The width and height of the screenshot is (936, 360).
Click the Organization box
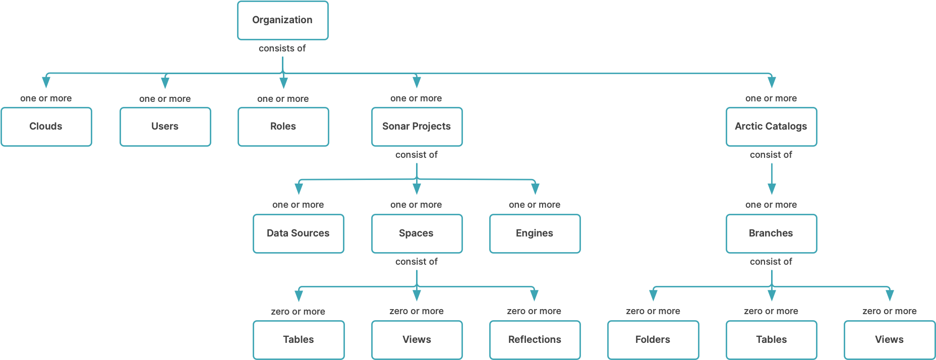click(282, 20)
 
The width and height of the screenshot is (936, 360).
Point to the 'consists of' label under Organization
click(282, 48)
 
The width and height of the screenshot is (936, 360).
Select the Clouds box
click(46, 127)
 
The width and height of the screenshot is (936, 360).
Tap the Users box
click(165, 127)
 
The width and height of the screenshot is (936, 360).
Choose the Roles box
click(283, 127)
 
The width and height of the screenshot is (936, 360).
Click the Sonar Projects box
click(417, 127)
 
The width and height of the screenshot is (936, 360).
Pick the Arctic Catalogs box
click(771, 127)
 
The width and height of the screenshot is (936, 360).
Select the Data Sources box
click(298, 233)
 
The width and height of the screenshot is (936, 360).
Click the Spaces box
click(417, 233)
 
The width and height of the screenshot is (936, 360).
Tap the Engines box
click(535, 233)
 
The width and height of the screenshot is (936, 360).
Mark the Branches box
click(771, 233)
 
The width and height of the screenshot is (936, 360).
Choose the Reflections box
click(535, 340)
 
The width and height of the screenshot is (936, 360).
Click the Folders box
click(653, 340)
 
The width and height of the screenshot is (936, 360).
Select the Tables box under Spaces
click(299, 340)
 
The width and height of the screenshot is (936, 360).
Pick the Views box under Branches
click(890, 340)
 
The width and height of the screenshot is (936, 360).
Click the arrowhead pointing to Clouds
click(46, 82)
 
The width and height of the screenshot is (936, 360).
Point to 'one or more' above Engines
click(535, 205)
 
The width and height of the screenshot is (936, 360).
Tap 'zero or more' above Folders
click(653, 311)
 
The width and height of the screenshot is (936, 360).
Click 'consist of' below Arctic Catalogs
click(771, 155)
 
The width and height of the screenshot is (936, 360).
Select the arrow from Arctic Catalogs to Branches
click(772, 179)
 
